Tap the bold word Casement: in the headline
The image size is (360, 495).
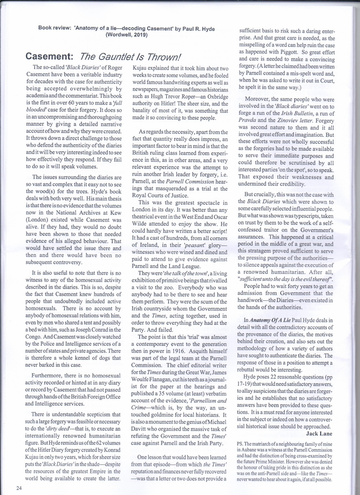[x=50, y=57]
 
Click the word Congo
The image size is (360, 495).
[x=32, y=337]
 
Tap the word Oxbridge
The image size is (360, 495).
[x=217, y=97]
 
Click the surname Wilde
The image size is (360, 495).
[x=140, y=224]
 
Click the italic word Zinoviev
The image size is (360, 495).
[x=288, y=121]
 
